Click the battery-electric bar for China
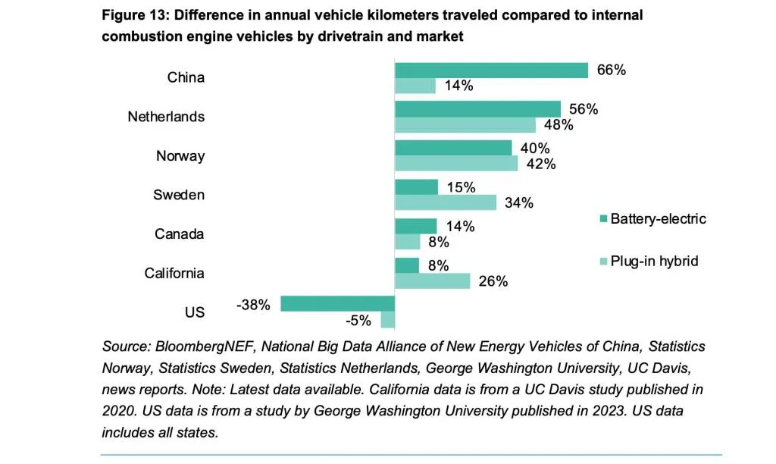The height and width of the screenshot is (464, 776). (491, 71)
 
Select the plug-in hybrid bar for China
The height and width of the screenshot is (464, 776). (415, 86)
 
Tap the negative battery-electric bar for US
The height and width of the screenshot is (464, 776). (337, 304)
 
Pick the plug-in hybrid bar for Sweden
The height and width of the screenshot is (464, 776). (446, 202)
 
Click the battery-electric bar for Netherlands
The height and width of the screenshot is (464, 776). (477, 109)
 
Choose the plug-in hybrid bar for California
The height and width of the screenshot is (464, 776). (433, 281)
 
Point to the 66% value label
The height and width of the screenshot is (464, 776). (611, 70)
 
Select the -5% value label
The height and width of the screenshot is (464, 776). (358, 321)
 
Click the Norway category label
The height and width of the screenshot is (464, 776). (180, 156)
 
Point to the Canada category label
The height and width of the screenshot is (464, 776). (180, 234)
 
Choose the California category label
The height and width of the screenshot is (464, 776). (174, 273)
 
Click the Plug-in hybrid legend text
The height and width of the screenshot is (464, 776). (654, 262)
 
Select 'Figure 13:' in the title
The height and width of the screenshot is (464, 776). (135, 15)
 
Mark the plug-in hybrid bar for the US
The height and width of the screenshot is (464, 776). (387, 320)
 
